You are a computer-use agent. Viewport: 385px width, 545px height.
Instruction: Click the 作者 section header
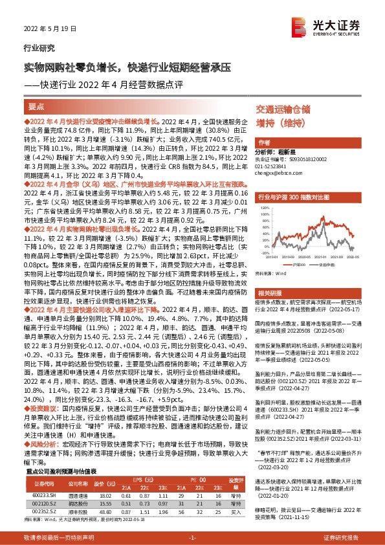(264, 142)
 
